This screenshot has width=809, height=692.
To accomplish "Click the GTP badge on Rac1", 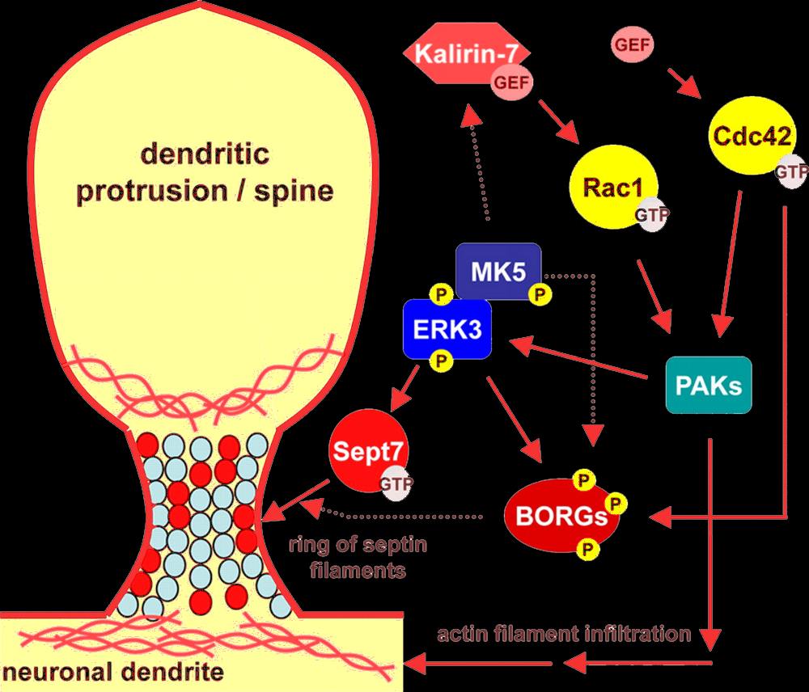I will (x=650, y=217).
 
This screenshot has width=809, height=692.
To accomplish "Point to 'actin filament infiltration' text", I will (x=563, y=633).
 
